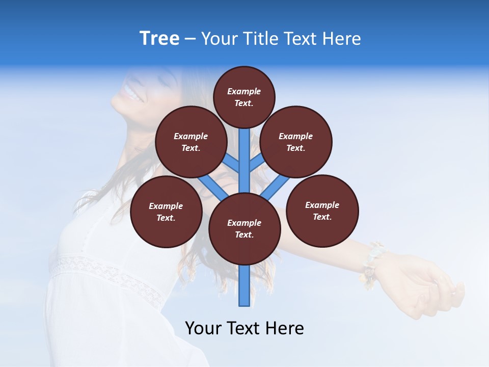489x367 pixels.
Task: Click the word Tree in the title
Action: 159,39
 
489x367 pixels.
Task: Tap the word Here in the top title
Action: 341,39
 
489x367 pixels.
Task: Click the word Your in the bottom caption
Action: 203,328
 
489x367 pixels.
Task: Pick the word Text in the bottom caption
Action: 244,328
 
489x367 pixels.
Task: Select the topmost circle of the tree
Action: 244,97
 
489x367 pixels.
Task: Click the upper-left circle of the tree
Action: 191,142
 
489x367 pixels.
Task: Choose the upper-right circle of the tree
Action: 296,142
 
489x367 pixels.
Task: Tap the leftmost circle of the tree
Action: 166,212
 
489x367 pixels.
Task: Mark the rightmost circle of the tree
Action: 322,211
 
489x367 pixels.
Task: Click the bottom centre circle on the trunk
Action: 244,229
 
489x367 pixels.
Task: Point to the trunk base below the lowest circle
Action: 244,288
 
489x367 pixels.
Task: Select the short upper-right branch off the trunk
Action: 256,163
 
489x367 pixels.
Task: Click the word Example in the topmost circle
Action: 244,92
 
